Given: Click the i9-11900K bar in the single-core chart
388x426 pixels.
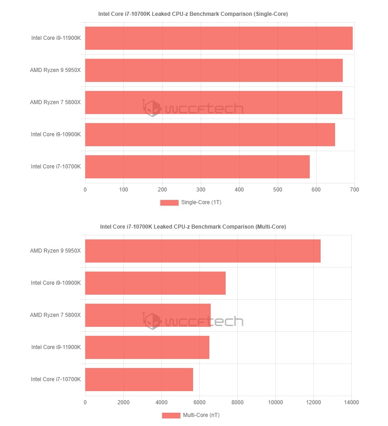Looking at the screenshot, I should tap(218, 38).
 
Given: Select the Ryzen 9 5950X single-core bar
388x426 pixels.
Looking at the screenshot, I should tap(213, 70).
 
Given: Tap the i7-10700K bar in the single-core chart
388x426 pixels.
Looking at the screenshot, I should tap(197, 167).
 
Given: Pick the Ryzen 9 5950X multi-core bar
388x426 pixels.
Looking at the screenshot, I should tap(203, 251).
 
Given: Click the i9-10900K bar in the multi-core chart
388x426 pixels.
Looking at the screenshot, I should tap(155, 283).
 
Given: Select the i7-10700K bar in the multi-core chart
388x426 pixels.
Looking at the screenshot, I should tap(139, 379).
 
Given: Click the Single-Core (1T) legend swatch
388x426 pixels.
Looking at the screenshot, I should tap(169, 202).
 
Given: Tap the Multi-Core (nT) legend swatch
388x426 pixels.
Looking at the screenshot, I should tap(171, 415).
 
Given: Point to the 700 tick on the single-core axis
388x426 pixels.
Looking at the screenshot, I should tap(355, 189).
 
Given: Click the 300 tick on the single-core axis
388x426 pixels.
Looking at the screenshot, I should tap(201, 189).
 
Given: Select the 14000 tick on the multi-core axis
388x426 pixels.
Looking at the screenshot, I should tap(351, 402).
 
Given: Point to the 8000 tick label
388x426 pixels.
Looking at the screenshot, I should tap(237, 402).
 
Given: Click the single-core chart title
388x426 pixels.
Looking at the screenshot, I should tap(193, 14).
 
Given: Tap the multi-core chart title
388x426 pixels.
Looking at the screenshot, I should tap(193, 226).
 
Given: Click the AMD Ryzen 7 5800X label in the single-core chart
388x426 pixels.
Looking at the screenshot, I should tap(55, 102).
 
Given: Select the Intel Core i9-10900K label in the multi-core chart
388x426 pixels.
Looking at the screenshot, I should tap(56, 283).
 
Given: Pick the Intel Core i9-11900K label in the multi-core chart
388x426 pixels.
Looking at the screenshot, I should tap(56, 347).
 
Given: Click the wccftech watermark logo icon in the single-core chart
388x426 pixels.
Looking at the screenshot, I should tap(152, 108).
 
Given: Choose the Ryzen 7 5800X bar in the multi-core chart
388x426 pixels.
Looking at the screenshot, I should tap(147, 315).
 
